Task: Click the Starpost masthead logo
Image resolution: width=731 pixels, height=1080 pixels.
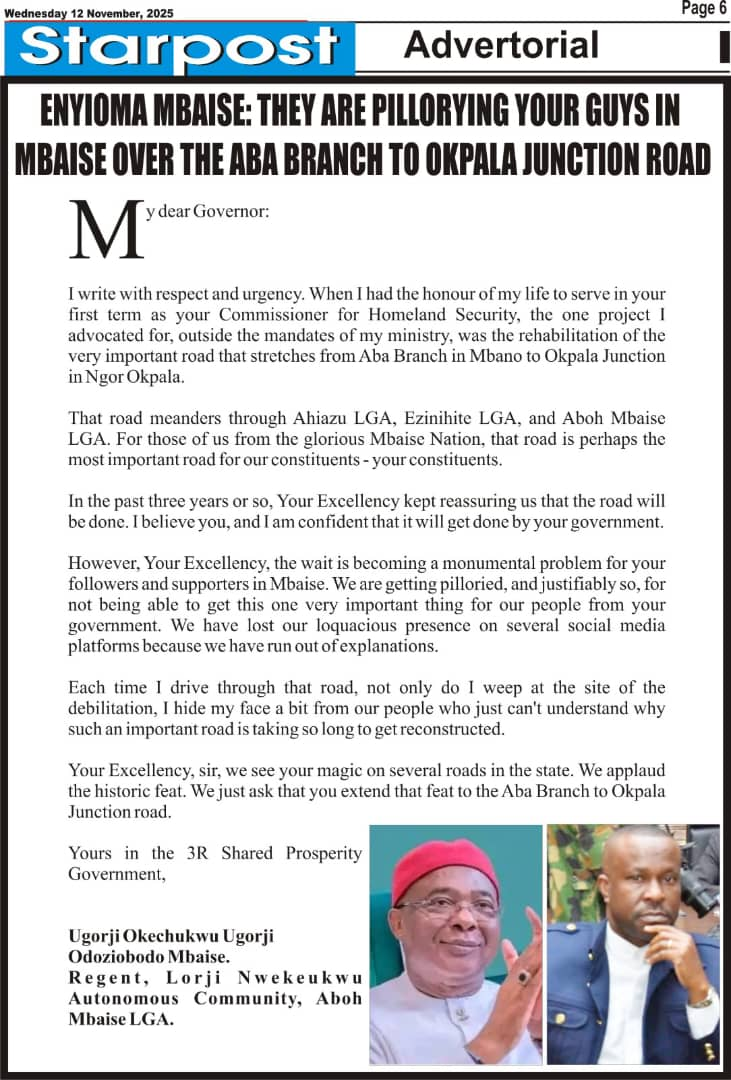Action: [x=180, y=47]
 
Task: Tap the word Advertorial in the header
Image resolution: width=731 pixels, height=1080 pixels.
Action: [x=501, y=45]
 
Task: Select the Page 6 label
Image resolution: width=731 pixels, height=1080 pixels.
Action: [x=703, y=9]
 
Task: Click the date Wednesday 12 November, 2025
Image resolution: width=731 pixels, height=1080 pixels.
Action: [x=89, y=13]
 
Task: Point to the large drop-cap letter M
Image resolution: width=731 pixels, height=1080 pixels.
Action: [x=105, y=229]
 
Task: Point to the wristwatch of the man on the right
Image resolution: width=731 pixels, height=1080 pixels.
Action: [x=701, y=999]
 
